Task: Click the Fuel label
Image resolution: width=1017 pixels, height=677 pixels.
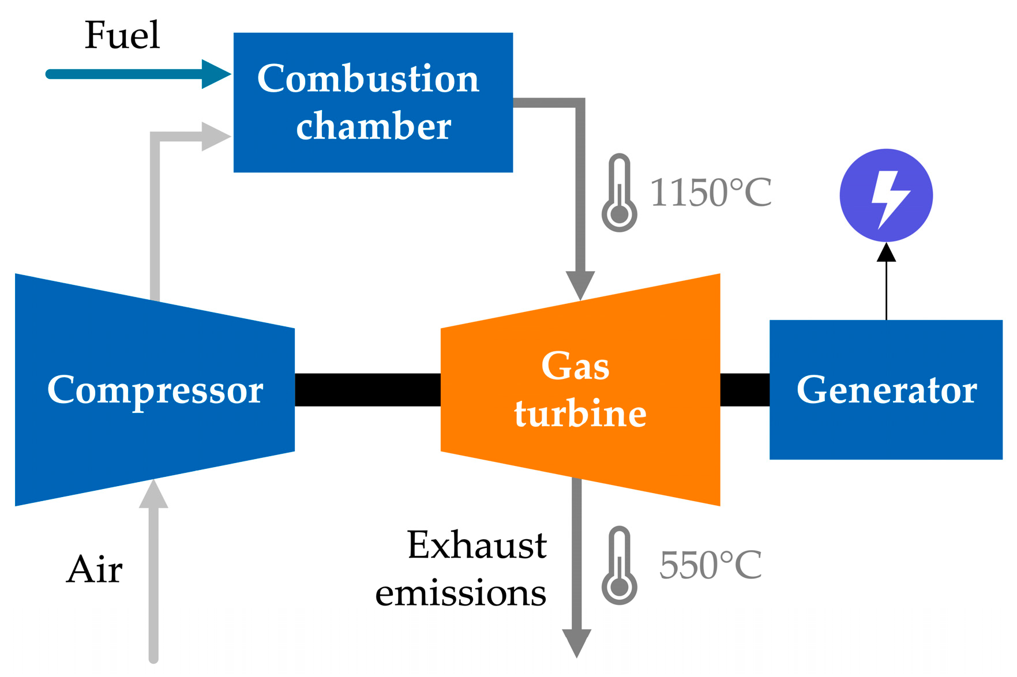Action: [x=122, y=35]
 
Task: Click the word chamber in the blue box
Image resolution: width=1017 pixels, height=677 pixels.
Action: [x=373, y=126]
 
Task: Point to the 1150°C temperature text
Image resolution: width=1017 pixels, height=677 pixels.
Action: [x=710, y=193]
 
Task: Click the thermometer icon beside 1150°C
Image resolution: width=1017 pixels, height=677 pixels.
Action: [x=619, y=193]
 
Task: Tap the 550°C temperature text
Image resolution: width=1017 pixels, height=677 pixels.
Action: [x=710, y=565]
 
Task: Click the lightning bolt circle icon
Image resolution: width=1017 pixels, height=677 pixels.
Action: [x=886, y=195]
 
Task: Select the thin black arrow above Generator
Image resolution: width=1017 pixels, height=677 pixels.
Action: [x=886, y=283]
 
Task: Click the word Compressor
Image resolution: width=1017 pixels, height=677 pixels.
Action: [x=155, y=390]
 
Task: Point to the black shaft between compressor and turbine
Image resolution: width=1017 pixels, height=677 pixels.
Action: [x=367, y=390]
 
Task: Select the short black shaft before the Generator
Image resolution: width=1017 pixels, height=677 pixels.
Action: [x=745, y=390]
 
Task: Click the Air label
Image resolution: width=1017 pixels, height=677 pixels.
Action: [x=94, y=570]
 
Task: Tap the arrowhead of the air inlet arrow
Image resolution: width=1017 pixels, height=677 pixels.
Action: [x=153, y=495]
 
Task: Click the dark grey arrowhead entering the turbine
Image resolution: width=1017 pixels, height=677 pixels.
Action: [x=580, y=284]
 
